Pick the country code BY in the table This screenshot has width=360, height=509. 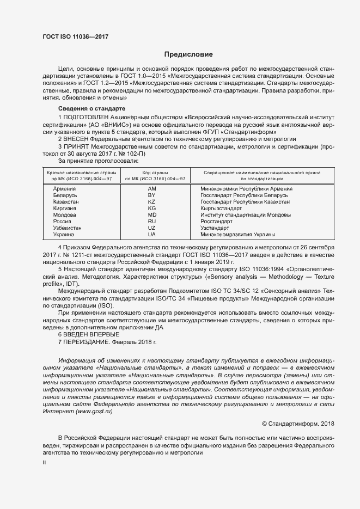(152, 195)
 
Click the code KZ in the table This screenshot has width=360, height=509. (152, 201)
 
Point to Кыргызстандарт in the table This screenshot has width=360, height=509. (221, 208)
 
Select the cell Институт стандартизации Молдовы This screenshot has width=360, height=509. (238, 214)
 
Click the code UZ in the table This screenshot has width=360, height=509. (152, 228)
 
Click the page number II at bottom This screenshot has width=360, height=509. (44, 462)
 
